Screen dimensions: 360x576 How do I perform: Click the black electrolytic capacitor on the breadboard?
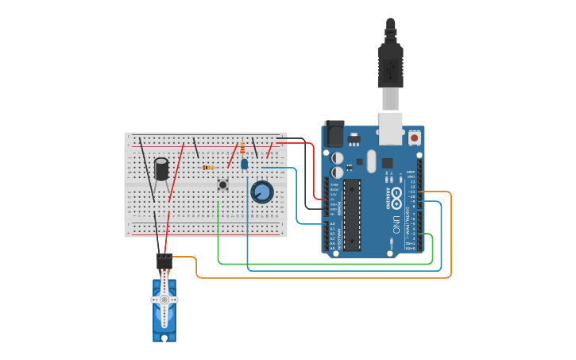click(162, 168)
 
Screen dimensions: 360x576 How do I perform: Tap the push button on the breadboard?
click(223, 185)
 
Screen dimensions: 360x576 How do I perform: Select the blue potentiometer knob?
click(262, 192)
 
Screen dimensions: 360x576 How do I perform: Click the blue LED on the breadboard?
click(244, 165)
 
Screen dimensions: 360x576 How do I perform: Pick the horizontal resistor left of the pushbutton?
click(208, 168)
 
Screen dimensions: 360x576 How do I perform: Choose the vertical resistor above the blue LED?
click(242, 148)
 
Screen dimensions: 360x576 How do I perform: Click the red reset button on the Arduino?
click(414, 137)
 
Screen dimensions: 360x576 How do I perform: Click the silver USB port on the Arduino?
click(391, 130)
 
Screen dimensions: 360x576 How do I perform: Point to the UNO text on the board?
click(394, 227)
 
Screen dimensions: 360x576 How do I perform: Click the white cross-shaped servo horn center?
click(164, 300)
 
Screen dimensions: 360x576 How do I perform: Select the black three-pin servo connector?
click(164, 260)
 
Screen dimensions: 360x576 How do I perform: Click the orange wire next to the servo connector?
click(187, 257)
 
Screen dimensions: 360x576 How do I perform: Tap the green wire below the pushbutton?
click(218, 230)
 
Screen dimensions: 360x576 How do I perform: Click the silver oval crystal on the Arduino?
click(370, 162)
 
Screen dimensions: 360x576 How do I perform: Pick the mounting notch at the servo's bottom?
click(164, 339)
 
